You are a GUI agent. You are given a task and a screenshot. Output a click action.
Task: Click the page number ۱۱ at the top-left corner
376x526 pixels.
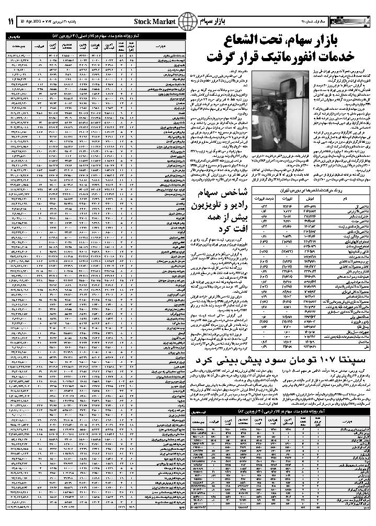point(10,21)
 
